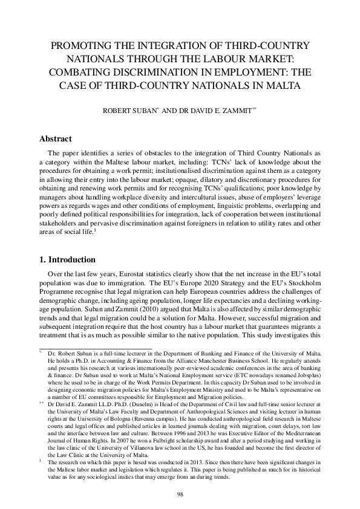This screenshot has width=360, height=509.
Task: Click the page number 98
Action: (180, 494)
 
